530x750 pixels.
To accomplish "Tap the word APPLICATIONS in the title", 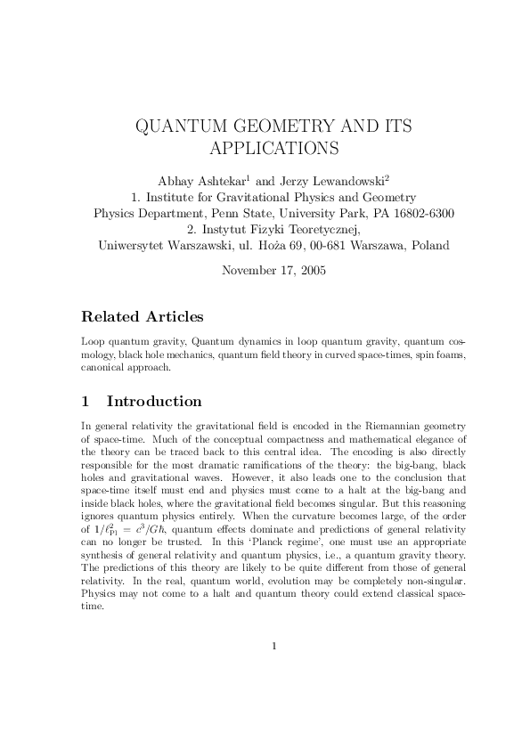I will tap(273, 146).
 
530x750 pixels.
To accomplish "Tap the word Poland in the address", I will tap(428, 245).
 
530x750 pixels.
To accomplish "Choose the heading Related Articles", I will tap(142, 317).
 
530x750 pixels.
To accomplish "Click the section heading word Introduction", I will tap(154, 401).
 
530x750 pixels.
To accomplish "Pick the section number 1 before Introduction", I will tap(86, 401).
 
